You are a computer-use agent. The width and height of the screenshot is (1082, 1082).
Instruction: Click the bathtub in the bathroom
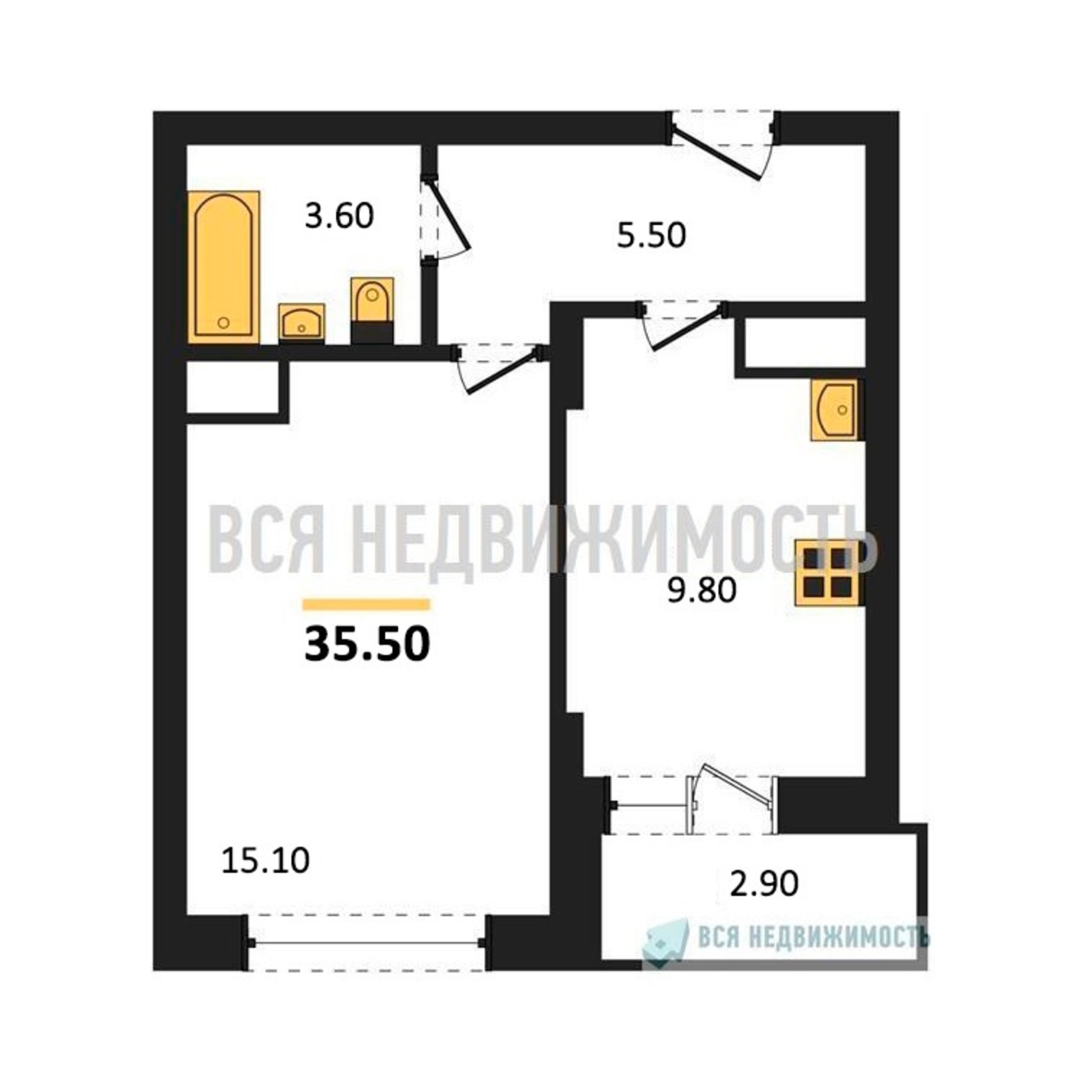[223, 267]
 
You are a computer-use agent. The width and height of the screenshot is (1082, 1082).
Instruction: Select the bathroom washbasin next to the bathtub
[301, 322]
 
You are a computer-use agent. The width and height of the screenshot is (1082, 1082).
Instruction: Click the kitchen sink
[834, 410]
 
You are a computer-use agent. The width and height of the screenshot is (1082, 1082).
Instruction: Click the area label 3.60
[339, 216]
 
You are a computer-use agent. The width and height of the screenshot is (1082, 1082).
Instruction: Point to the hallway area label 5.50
[651, 235]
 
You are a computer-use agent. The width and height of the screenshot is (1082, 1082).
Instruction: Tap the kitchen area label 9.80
[702, 590]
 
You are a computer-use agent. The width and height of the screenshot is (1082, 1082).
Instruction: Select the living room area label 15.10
[266, 861]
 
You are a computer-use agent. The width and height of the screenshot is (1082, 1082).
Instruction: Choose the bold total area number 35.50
[367, 643]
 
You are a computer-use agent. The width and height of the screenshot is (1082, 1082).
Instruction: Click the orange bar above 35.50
[366, 604]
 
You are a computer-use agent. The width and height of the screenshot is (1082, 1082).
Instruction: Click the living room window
[367, 944]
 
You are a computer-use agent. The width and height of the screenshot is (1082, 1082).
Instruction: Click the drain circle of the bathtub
[223, 322]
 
